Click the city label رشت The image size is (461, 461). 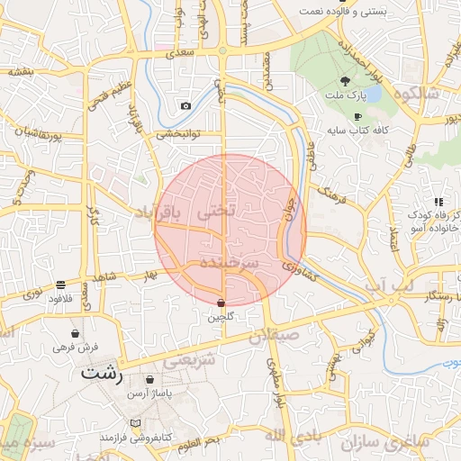[101, 372]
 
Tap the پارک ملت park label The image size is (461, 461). [347, 96]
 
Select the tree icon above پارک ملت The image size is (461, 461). [346, 82]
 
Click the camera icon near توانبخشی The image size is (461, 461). [185, 105]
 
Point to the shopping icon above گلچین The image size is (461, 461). [221, 303]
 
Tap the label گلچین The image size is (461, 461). [221, 317]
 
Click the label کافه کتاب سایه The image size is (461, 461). [357, 131]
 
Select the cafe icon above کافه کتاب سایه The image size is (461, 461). [357, 116]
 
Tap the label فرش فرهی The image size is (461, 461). [75, 347]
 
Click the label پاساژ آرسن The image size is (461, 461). [149, 394]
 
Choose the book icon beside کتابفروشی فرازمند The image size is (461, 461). [136, 422]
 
